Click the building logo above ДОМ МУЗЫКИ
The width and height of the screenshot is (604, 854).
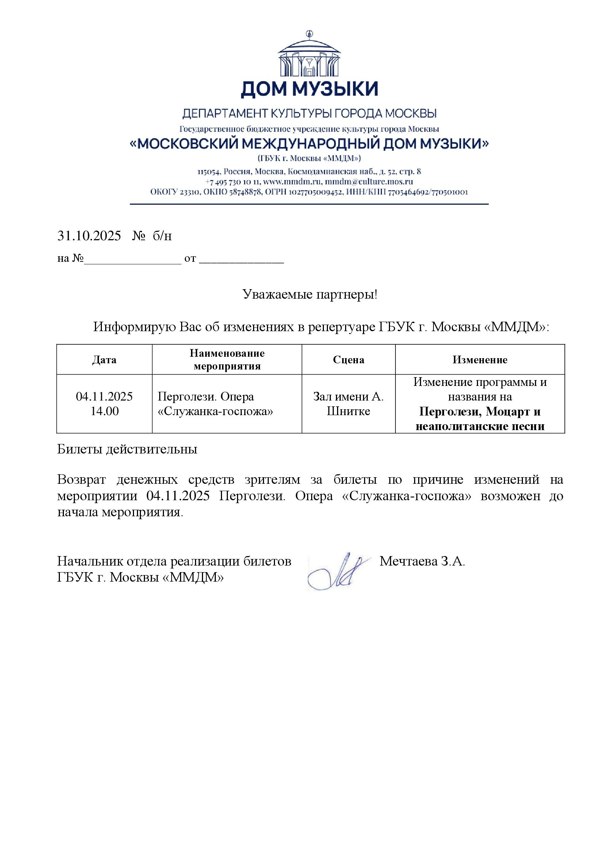309,55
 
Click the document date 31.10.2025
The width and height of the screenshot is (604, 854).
89,236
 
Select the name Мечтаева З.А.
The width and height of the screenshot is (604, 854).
422,561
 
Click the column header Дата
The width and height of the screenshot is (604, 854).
104,360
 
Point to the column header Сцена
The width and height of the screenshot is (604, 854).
348,360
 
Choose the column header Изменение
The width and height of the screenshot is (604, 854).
480,360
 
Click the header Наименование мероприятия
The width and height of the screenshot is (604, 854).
227,360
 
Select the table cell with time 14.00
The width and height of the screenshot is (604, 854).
104,411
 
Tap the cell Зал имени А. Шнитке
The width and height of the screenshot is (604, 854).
348,404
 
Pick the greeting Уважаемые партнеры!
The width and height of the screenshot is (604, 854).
309,295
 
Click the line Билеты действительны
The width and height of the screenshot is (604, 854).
127,449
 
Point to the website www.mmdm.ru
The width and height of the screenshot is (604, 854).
292,182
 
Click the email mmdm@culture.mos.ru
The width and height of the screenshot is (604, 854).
369,182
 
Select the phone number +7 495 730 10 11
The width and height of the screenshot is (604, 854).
233,182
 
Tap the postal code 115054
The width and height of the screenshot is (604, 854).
209,172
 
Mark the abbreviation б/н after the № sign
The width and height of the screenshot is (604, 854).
162,236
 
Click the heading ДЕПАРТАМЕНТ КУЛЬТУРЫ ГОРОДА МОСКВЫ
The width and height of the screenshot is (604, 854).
309,114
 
